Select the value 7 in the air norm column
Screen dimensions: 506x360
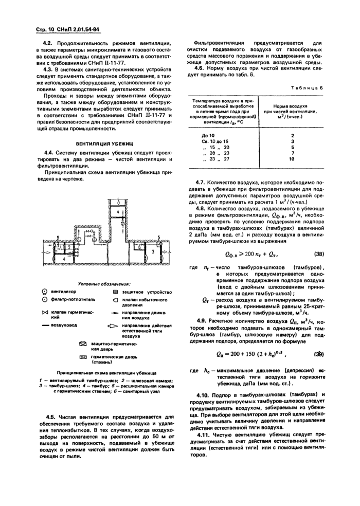pyautogui.click(x=292, y=153)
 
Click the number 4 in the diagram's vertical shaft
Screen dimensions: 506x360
pyautogui.click(x=118, y=212)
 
